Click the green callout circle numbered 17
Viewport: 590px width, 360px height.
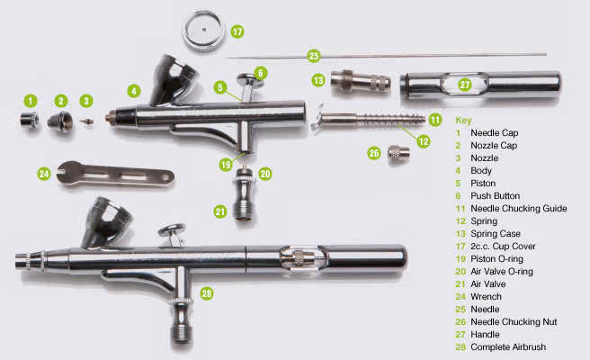(237, 31)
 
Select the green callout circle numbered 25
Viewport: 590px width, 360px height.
(314, 56)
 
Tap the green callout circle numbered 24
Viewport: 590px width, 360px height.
(43, 173)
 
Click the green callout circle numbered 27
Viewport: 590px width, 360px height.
(465, 85)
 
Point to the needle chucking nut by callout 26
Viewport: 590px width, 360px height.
(398, 154)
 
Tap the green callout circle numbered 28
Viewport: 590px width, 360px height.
(206, 293)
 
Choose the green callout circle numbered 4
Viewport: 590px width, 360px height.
(133, 90)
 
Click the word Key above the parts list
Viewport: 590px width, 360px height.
(464, 120)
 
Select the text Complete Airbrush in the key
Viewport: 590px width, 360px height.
(514, 346)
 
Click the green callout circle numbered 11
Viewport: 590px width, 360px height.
(435, 119)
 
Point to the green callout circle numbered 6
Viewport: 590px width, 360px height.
(260, 72)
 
